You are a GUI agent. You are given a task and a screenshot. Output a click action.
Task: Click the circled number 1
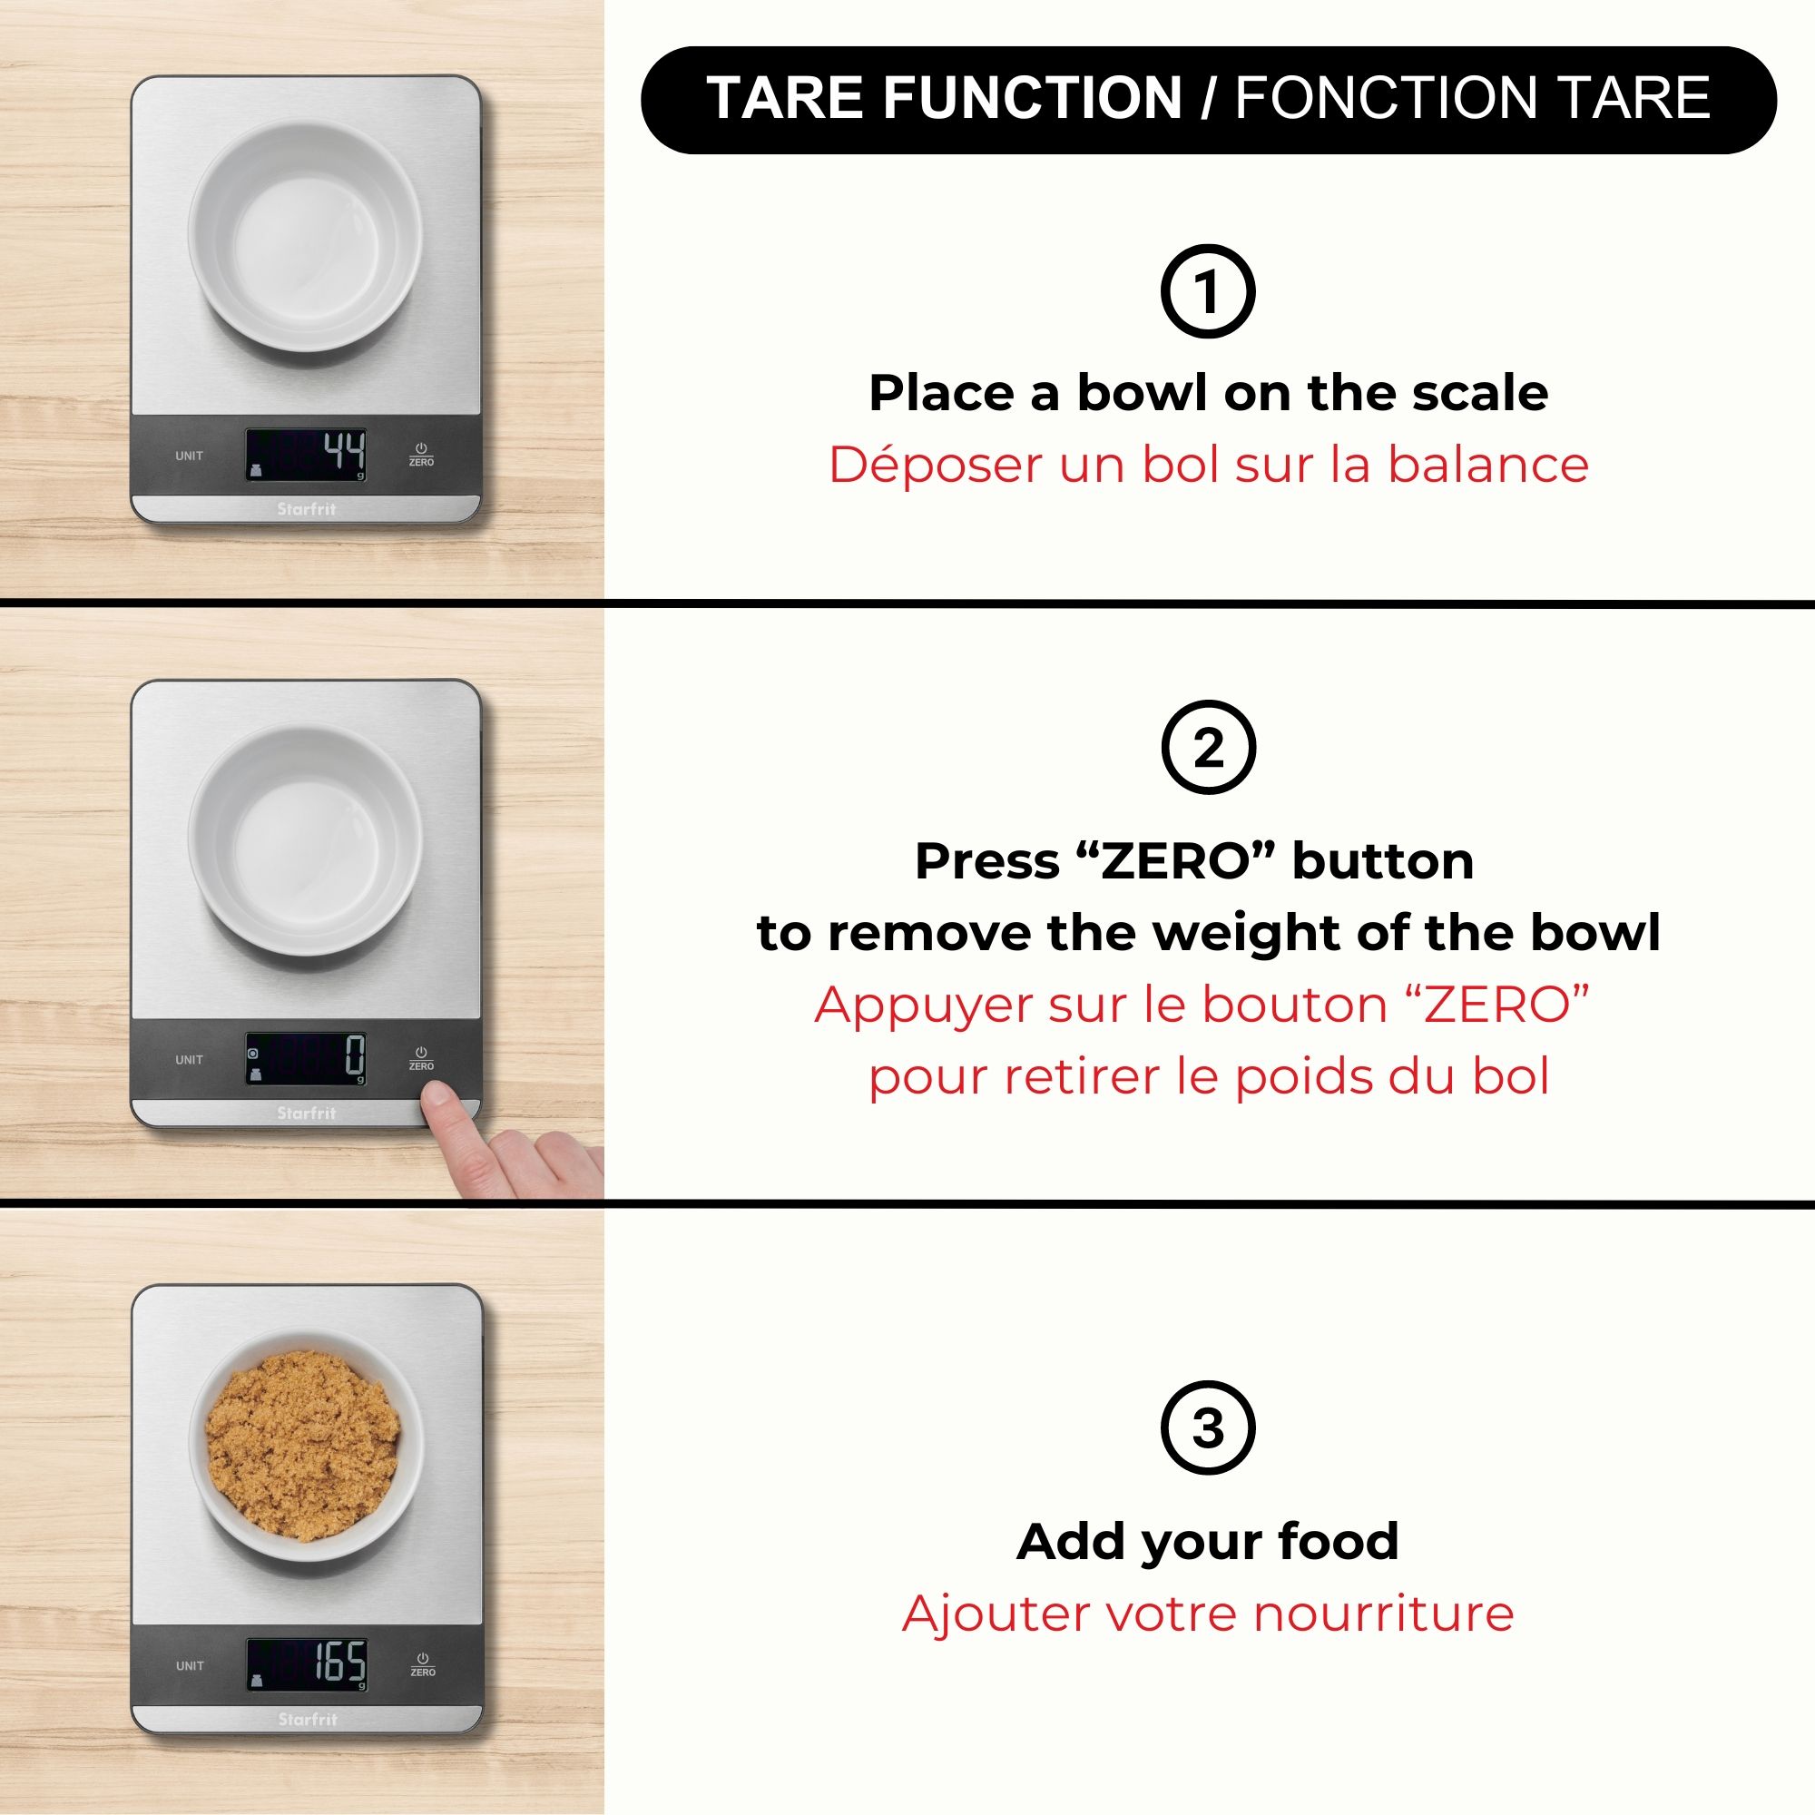point(1208,291)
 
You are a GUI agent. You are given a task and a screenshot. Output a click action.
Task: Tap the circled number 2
point(1208,748)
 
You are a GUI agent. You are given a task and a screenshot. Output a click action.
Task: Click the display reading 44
point(306,455)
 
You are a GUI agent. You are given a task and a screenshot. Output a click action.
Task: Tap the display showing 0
point(306,1059)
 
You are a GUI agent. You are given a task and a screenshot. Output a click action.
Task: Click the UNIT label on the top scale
point(189,456)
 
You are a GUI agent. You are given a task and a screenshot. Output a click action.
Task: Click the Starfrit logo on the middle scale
point(306,1113)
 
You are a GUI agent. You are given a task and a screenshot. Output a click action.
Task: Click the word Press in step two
point(986,861)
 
